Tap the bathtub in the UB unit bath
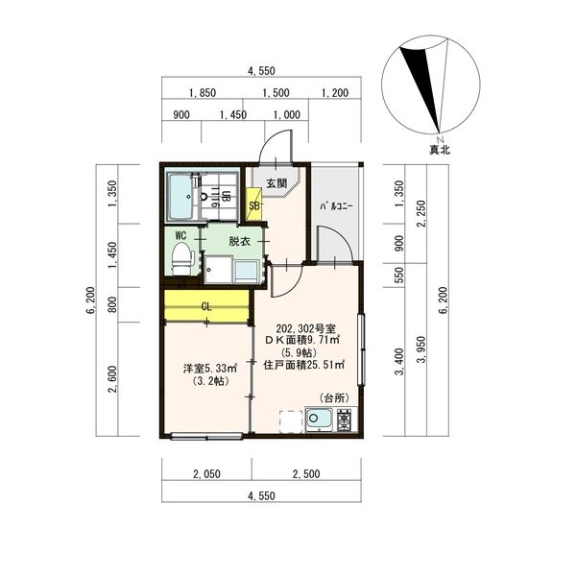click(x=180, y=197)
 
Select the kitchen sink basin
click(x=320, y=419)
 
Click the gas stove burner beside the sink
click(x=346, y=420)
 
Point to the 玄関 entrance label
click(x=276, y=183)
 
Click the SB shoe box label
click(x=253, y=205)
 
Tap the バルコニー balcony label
click(x=336, y=206)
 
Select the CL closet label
click(x=206, y=306)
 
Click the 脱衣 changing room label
click(x=239, y=241)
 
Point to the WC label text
click(x=180, y=235)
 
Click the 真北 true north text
click(x=440, y=150)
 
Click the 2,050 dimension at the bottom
click(x=206, y=474)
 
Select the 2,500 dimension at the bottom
click(x=306, y=474)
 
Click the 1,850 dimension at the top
click(x=203, y=93)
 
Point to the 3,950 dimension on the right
click(x=422, y=349)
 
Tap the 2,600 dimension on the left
click(x=112, y=379)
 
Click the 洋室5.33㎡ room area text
click(x=210, y=368)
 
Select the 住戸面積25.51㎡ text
click(x=303, y=365)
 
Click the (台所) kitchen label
click(x=334, y=397)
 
